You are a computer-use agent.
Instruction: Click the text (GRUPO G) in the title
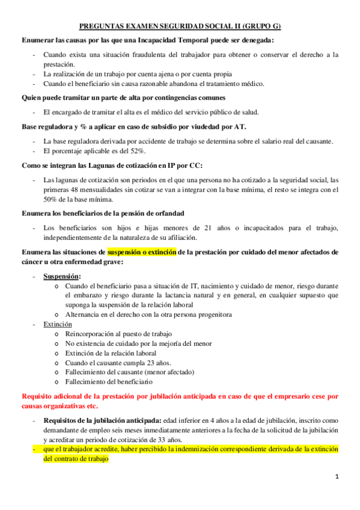tap(261, 26)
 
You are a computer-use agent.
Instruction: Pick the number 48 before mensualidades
tap(75, 190)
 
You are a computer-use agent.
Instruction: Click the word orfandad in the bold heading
tap(166, 214)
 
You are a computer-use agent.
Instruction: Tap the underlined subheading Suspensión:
tap(63, 276)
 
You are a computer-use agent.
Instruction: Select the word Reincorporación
tap(95, 334)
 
